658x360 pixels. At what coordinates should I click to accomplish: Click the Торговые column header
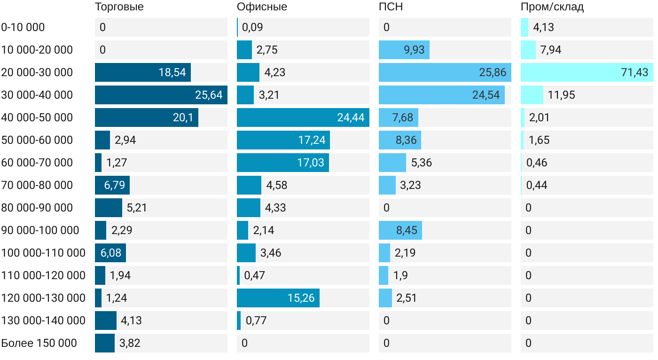[x=119, y=7]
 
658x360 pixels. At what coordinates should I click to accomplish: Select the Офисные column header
[x=262, y=7]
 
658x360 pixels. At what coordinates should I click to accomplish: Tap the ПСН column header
[x=391, y=7]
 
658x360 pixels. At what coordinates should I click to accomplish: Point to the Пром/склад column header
[x=552, y=7]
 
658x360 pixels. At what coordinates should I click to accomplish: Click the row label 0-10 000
[x=23, y=27]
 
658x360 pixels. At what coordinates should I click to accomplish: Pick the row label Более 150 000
[x=39, y=343]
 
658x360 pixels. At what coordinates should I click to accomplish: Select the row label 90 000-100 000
[x=40, y=230]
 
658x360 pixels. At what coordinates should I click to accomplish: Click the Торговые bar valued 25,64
[x=161, y=95]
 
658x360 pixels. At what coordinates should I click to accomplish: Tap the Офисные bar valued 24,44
[x=303, y=117]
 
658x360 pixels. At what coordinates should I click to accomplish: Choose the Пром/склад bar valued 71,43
[x=587, y=72]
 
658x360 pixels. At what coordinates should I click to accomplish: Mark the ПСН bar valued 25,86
[x=445, y=72]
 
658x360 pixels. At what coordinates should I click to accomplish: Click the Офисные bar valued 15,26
[x=278, y=298]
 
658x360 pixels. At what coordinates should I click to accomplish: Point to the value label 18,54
[x=172, y=72]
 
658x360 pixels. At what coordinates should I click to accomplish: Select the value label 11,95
[x=561, y=95]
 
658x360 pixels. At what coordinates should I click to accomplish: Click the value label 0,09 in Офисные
[x=252, y=27]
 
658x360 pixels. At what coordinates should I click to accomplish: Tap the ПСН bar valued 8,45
[x=400, y=230]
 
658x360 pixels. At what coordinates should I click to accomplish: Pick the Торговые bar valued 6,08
[x=110, y=253]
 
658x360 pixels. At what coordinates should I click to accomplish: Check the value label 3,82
[x=130, y=343]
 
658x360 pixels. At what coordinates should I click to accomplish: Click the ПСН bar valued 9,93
[x=404, y=50]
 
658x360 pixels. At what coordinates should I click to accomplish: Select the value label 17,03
[x=311, y=163]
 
